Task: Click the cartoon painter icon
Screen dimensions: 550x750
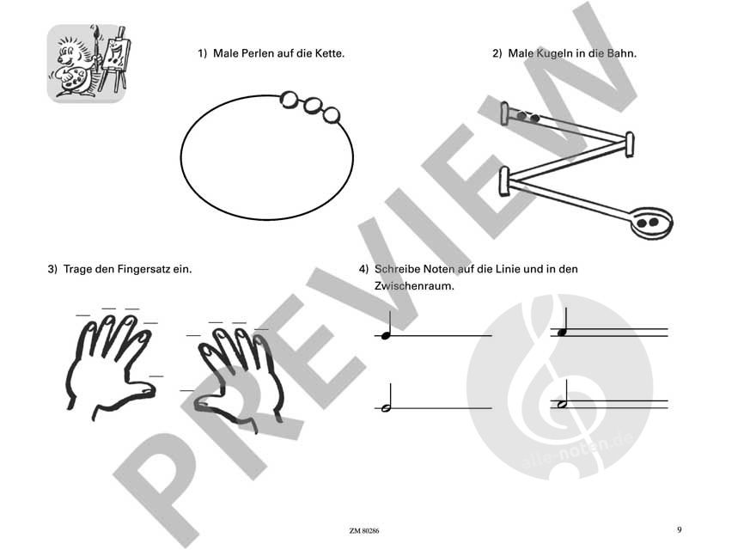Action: click(x=86, y=63)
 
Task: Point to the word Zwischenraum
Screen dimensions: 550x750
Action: click(x=413, y=286)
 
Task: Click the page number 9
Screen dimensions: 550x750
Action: click(x=679, y=529)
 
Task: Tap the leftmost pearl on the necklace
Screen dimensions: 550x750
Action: click(x=290, y=100)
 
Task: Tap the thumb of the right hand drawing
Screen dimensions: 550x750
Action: click(x=204, y=402)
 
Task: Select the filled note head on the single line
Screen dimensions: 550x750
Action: click(x=386, y=335)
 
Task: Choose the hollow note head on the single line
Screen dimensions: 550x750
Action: click(x=386, y=408)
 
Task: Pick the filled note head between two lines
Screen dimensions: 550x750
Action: click(x=562, y=333)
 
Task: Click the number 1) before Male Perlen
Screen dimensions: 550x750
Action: click(x=203, y=53)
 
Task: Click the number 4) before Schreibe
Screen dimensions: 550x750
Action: click(x=363, y=269)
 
